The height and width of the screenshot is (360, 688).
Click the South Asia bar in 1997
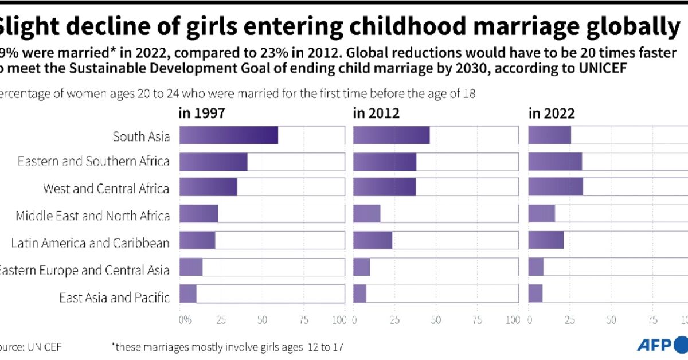[x=229, y=136]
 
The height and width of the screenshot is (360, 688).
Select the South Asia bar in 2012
[x=391, y=136]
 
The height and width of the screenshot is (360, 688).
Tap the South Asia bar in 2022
[x=549, y=136]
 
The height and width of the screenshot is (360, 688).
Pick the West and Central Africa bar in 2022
[x=555, y=187]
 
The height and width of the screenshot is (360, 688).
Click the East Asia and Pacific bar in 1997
[x=188, y=294]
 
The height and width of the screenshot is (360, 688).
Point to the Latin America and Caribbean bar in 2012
[x=373, y=240]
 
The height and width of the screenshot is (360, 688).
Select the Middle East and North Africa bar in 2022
[x=541, y=213]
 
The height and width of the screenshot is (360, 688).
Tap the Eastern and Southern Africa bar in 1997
[x=213, y=162]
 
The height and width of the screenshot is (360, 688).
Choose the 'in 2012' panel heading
[x=376, y=113]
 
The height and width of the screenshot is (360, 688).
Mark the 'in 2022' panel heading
[x=551, y=113]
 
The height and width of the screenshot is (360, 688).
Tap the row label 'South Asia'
[x=141, y=136]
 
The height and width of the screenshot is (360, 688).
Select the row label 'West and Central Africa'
[x=106, y=188]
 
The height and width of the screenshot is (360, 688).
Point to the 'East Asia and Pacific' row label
[x=114, y=298]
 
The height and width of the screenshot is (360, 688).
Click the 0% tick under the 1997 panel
[x=184, y=319]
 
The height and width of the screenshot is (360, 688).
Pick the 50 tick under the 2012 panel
[x=436, y=319]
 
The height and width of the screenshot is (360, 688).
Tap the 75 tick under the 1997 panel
[x=303, y=319]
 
